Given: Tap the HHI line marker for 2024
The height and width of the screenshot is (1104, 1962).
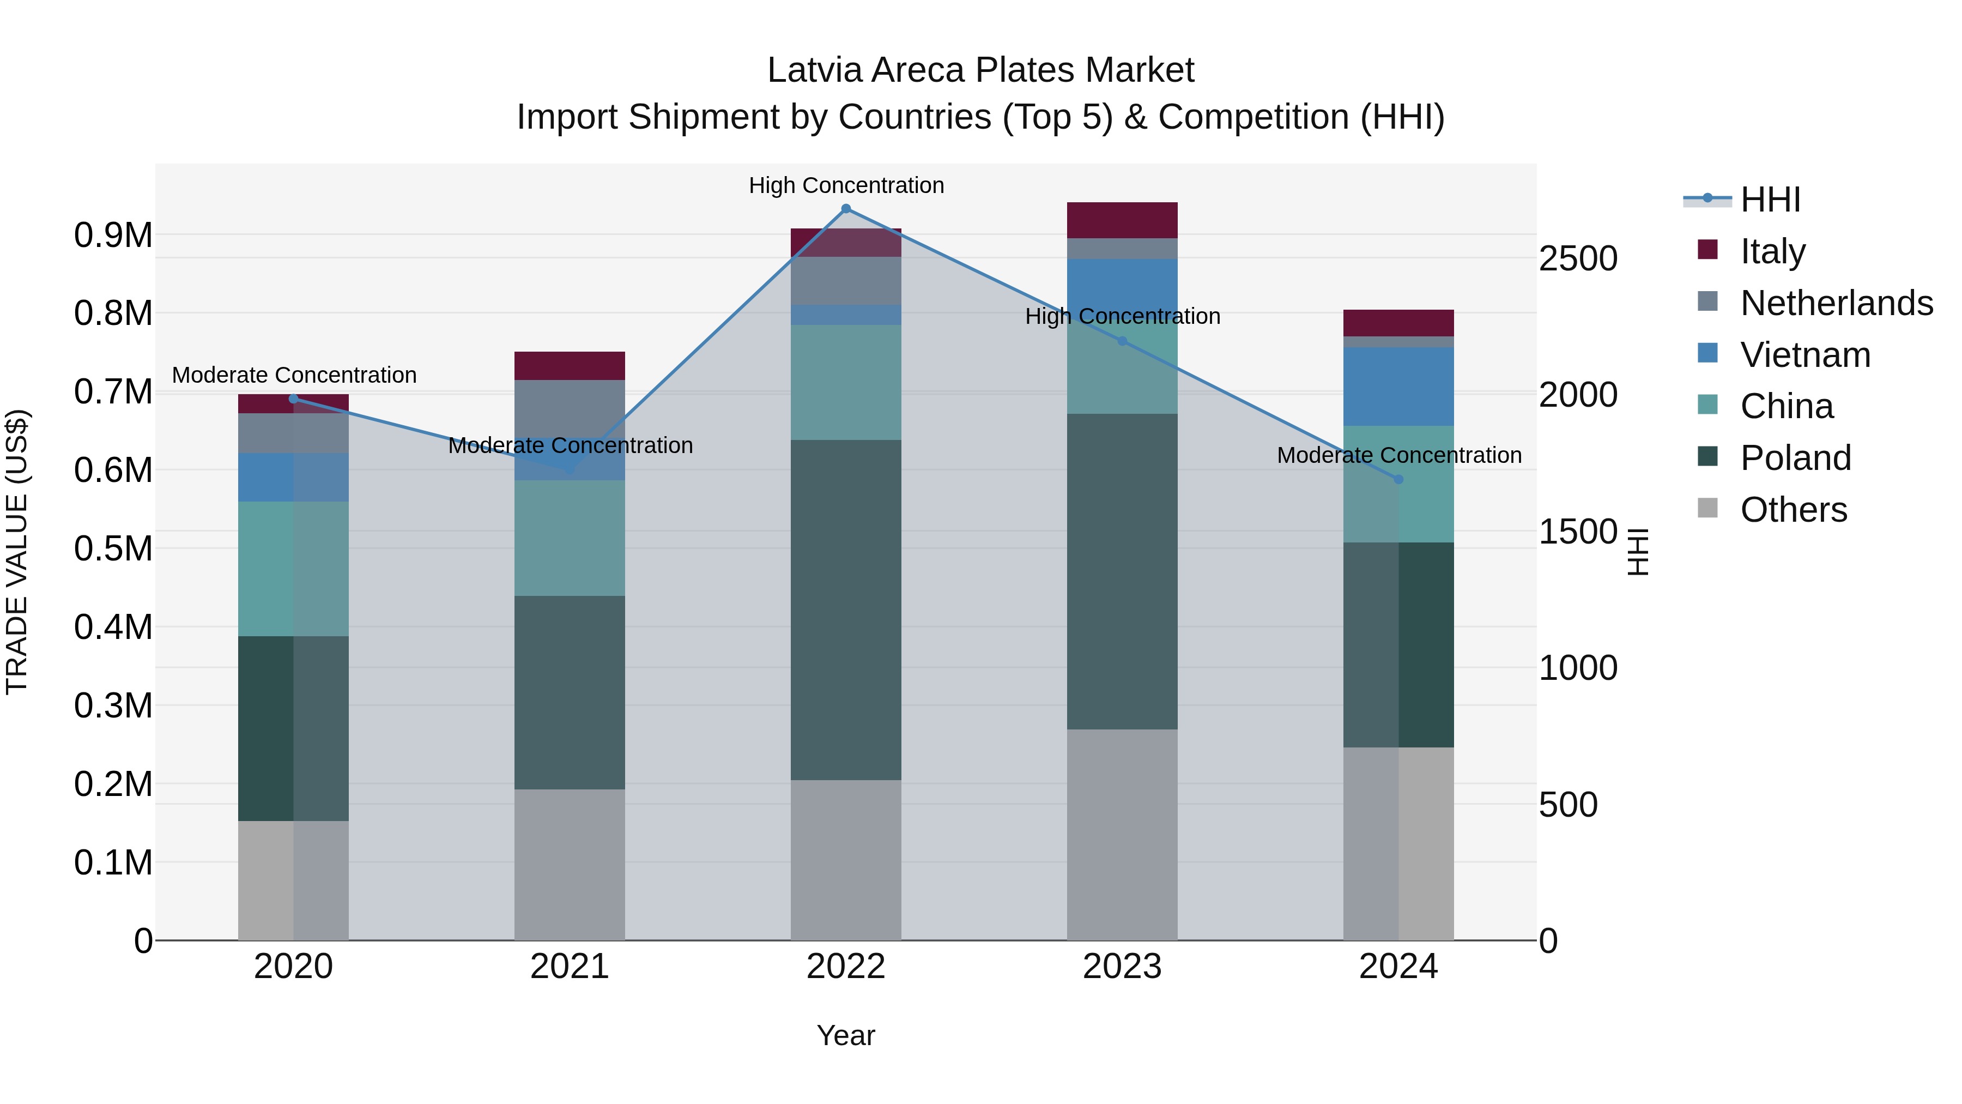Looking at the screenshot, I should point(1398,479).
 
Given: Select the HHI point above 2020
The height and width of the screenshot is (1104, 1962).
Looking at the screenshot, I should point(293,399).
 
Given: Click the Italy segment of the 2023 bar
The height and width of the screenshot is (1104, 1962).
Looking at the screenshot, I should point(1122,220).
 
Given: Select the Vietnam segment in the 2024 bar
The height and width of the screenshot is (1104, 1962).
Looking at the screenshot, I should point(1398,387).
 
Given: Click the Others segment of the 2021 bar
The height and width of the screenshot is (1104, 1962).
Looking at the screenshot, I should point(570,864).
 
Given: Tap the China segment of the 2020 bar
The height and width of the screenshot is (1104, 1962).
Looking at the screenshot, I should point(293,569).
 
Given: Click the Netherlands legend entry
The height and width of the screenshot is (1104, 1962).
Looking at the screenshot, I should point(1836,303).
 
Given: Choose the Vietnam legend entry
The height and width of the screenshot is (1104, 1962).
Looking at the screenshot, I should point(1805,355).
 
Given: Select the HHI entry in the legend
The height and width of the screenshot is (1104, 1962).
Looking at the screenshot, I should point(1770,200).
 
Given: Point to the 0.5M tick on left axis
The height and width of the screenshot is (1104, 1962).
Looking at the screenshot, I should point(113,548).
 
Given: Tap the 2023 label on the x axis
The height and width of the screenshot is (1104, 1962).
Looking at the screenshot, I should point(1122,967).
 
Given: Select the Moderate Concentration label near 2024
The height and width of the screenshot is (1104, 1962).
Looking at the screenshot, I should point(1398,455).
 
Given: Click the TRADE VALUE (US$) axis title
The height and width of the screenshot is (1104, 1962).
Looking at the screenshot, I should point(17,552).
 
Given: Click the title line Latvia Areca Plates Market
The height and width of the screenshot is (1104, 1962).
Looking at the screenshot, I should point(980,70).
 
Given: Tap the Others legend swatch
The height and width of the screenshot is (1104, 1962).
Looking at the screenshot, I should point(1707,508).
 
